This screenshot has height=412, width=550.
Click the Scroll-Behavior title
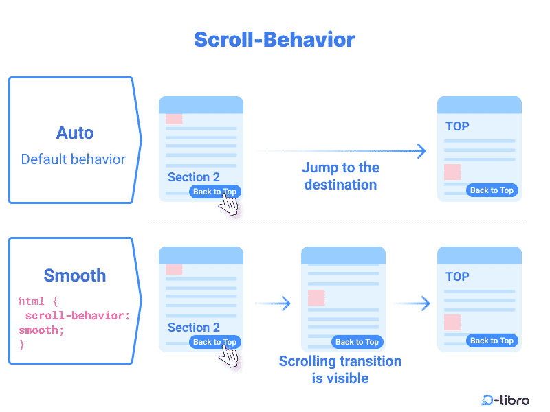click(274, 39)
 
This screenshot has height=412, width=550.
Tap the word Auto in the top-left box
click(75, 133)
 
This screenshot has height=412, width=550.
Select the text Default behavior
click(73, 159)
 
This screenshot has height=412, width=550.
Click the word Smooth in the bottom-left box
click(75, 275)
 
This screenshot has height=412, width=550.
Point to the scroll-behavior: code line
click(78, 316)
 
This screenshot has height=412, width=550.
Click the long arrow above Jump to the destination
click(340, 151)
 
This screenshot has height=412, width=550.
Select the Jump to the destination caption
click(340, 176)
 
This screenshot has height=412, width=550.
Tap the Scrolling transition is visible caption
click(340, 369)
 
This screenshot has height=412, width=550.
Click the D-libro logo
click(505, 400)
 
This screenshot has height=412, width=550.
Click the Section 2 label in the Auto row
click(194, 177)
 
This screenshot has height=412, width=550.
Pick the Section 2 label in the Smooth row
click(194, 328)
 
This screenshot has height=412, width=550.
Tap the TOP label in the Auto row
click(457, 126)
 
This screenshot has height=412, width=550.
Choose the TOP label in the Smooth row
click(457, 277)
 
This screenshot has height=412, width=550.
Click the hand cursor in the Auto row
click(228, 204)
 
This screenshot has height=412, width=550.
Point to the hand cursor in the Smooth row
click(228, 356)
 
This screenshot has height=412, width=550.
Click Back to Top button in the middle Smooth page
click(357, 342)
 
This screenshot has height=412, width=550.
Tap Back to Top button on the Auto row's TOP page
click(492, 190)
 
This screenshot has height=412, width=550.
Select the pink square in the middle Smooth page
click(316, 297)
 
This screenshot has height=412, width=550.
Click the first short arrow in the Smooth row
click(272, 304)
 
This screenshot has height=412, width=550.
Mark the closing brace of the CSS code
click(22, 345)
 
